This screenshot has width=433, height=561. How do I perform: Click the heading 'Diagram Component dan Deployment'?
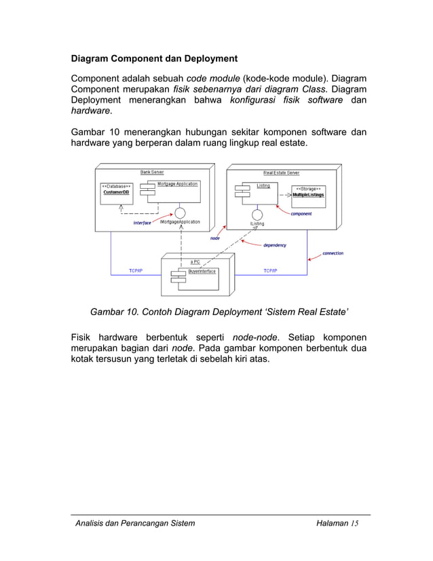tap(155, 58)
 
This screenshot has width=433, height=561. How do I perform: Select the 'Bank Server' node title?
tap(152, 173)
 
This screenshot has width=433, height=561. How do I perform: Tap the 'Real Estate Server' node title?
tap(281, 173)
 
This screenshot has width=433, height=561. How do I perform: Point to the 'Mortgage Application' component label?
tap(177, 184)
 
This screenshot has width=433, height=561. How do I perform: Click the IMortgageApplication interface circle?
tap(180, 213)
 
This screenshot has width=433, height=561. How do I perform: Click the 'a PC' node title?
tap(195, 261)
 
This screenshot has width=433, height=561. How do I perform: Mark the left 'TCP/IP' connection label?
tap(136, 271)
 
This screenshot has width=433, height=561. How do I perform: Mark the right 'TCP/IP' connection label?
tap(270, 271)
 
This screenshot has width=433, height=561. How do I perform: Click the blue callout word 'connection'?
tap(333, 253)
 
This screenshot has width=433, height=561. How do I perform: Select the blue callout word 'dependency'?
tap(275, 245)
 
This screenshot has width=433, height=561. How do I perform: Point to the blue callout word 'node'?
tap(214, 238)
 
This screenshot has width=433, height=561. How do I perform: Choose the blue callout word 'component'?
tap(301, 214)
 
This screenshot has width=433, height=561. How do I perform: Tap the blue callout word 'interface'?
tap(143, 222)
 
